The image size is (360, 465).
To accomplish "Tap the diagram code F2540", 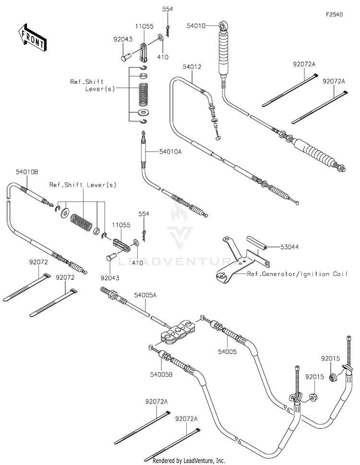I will pos(335,15).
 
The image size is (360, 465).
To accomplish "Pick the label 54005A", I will pos(145,296).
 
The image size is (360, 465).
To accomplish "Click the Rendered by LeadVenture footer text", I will pos(189,461).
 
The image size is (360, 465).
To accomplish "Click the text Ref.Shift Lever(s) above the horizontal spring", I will pos(83,185).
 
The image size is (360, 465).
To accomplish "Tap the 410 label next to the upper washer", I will pos(165,56).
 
